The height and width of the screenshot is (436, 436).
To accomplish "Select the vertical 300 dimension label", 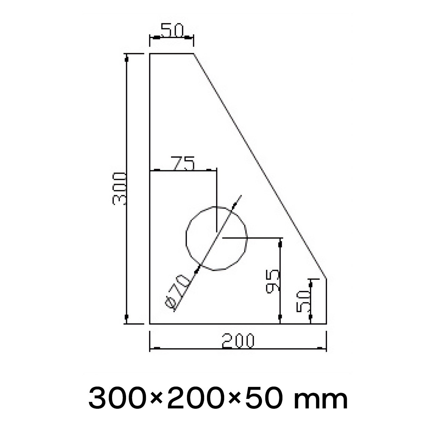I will coord(119,189).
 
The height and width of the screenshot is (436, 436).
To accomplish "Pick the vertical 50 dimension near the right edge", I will coord(303,301).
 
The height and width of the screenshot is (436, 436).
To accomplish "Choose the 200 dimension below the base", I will coord(238,341).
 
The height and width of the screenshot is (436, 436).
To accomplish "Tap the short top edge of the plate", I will coord(172,53).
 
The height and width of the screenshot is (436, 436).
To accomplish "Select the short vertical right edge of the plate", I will coord(327,301).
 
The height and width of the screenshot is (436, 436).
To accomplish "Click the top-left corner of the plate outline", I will coord(150,53).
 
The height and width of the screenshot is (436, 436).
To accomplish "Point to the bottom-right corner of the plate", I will coord(327,324).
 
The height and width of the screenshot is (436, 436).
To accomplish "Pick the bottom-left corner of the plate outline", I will coord(150,324).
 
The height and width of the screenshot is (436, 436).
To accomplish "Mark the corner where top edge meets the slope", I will coord(193,53).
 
